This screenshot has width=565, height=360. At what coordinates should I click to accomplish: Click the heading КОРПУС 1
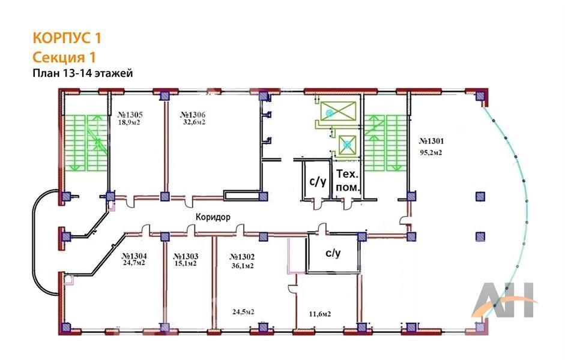point(67,38)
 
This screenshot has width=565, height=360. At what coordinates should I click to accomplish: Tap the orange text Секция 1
point(64,57)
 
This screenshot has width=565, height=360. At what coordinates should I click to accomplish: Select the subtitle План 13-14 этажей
point(83,73)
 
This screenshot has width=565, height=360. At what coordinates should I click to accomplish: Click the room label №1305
point(130,115)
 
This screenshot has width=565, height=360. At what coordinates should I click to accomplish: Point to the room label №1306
point(193,115)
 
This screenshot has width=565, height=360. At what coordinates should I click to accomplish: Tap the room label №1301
point(431,141)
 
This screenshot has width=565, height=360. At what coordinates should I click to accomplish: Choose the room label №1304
point(134,256)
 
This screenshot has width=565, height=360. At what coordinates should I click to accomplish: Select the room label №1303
point(186,257)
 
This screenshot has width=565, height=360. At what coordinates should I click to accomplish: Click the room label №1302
point(242,257)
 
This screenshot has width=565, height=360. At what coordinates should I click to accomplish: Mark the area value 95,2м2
point(431,152)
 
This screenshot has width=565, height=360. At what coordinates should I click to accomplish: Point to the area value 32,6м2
point(194,122)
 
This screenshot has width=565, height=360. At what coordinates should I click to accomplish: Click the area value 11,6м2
point(320,314)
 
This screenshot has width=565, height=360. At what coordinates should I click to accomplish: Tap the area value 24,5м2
point(243,312)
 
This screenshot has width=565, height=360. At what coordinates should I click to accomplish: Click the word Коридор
point(213,217)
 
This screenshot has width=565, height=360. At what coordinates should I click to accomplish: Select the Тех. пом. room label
point(348,181)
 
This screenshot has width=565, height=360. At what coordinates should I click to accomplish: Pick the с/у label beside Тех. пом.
point(318,182)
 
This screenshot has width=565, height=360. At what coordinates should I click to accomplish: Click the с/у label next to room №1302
point(333,253)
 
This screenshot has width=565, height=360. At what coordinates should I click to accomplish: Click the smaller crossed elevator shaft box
point(348,145)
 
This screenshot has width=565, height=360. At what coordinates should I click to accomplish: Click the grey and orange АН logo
point(504,299)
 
